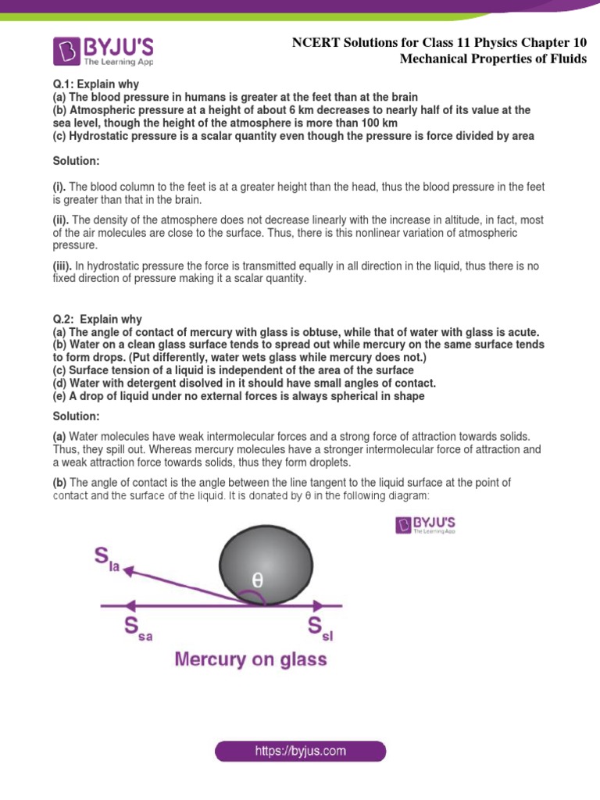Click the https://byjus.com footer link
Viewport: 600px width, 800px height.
pos(301,752)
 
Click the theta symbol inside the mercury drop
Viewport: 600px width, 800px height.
pos(258,580)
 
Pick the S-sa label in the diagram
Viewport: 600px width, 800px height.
pos(137,628)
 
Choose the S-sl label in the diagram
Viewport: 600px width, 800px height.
pos(320,628)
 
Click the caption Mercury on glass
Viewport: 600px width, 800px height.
pos(251,659)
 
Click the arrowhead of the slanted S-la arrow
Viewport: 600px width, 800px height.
pos(127,571)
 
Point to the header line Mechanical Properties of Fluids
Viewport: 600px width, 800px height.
pos(493,59)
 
